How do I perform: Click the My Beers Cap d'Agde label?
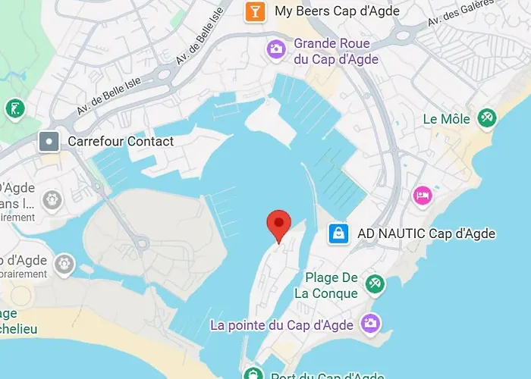click(x=337, y=11)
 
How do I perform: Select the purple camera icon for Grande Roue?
click(x=275, y=50)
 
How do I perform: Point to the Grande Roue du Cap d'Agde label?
click(x=337, y=51)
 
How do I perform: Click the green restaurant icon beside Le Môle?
click(x=485, y=117)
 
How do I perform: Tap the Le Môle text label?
click(x=447, y=118)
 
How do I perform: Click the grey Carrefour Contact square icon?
click(x=49, y=141)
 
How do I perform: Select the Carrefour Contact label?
click(x=121, y=141)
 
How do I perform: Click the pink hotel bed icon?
click(x=422, y=196)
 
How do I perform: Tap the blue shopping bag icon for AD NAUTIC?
click(x=338, y=233)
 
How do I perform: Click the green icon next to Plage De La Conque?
click(x=374, y=284)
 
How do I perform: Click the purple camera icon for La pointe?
click(x=369, y=324)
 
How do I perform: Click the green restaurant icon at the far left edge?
click(x=14, y=109)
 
